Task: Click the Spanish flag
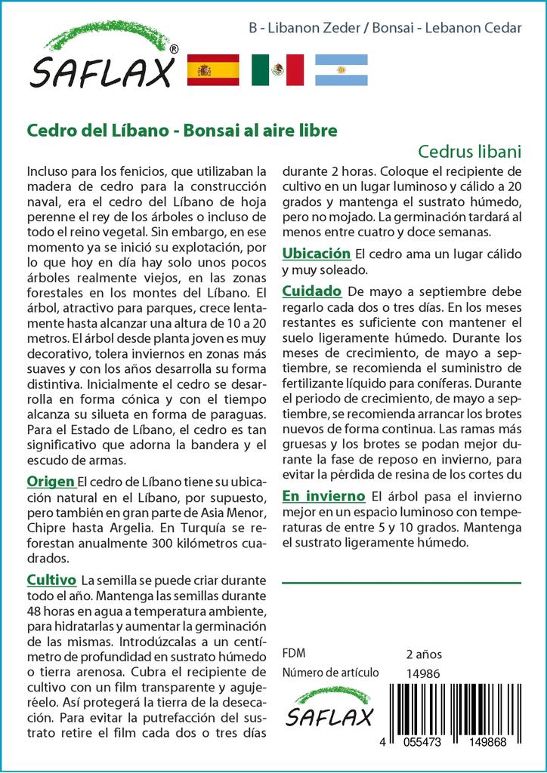point(212,70)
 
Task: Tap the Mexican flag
point(277,70)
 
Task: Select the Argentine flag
point(341,70)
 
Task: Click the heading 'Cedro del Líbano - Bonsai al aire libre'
point(182,129)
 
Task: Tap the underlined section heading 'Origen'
point(51,482)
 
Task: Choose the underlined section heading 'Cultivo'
point(51,580)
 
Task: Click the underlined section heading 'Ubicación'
point(317,253)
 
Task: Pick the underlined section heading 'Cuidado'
point(312,291)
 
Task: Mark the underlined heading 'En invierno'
point(323,495)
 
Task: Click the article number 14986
point(422,673)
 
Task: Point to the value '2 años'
point(424,654)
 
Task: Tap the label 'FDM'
point(293,654)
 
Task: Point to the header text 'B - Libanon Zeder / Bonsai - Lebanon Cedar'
point(385,28)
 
